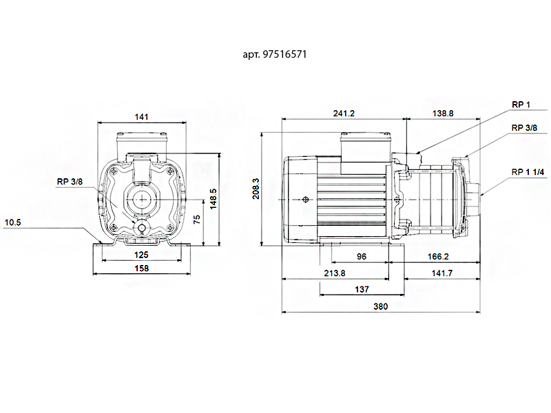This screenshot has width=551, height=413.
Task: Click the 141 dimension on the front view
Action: click(142, 117)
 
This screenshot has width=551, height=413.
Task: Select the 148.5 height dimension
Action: click(214, 200)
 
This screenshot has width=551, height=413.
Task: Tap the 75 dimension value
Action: click(196, 220)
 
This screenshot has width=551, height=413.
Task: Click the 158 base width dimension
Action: click(142, 269)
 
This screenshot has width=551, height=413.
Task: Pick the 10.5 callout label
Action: click(13, 222)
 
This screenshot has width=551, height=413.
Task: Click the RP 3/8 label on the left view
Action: click(71, 182)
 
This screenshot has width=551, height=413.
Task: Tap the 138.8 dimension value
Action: click(442, 114)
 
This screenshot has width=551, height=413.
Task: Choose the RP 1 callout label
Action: click(521, 105)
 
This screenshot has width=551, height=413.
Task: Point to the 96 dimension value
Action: click(362, 256)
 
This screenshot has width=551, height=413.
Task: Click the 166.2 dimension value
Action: click(438, 256)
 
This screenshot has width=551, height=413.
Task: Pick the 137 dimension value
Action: click(362, 290)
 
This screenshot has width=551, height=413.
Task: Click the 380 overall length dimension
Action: click(380, 307)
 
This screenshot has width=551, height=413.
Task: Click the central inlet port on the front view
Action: click(143, 200)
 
